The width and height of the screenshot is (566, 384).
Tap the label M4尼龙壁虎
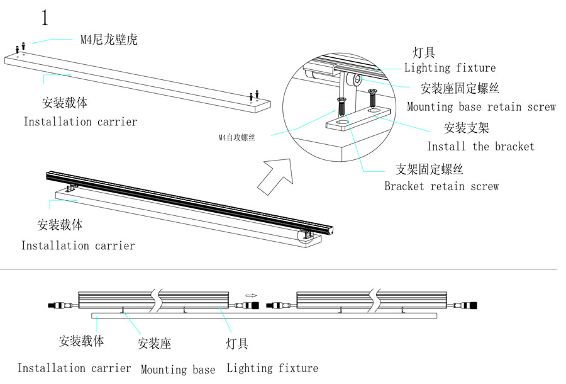108,40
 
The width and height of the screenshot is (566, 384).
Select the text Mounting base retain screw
481,107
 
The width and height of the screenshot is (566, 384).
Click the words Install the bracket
480,147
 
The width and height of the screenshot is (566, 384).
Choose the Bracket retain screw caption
441,186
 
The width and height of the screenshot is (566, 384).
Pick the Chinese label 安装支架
467,128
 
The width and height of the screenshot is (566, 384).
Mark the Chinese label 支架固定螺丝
430,169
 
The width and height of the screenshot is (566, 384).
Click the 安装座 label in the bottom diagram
154,343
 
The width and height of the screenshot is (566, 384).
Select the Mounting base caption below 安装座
178,370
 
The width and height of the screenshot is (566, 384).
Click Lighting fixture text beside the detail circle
450,68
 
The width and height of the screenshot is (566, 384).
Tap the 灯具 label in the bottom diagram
237,343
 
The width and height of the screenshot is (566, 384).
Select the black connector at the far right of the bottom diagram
472,305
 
